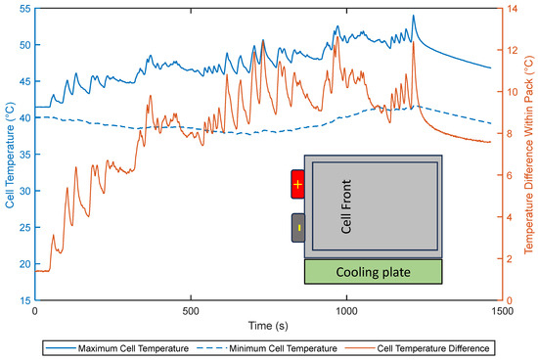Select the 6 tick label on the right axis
[512, 175]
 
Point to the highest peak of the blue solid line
[414, 16]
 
